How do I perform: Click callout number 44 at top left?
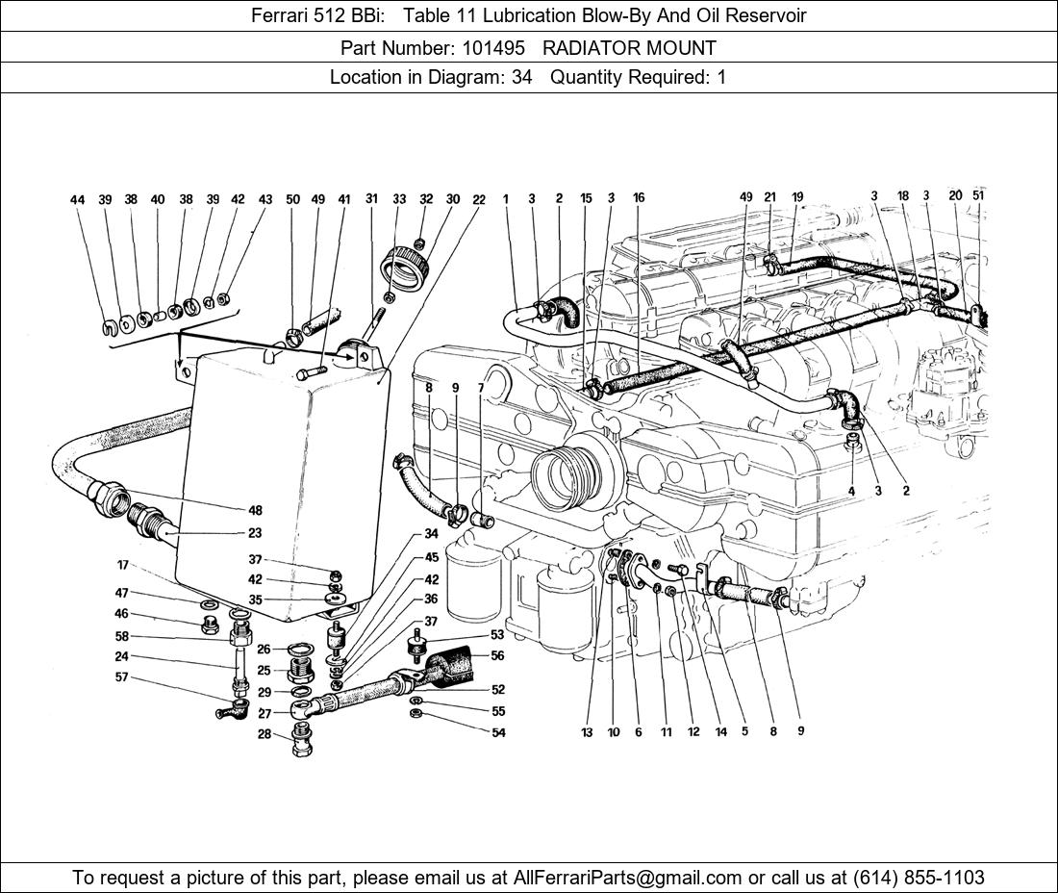point(78,200)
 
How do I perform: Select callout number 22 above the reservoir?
point(479,199)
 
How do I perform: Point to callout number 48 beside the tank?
point(255,511)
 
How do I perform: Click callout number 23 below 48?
point(255,532)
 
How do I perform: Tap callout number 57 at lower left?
point(122,677)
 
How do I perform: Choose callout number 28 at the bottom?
point(264,734)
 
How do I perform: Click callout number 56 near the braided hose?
point(497,656)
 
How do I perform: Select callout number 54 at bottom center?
point(497,732)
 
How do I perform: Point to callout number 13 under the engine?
point(587,732)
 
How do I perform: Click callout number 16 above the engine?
point(639,198)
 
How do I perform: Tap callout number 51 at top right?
point(978,195)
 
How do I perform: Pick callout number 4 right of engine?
point(851,491)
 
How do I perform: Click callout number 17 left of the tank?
point(123,565)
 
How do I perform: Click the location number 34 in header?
point(521,77)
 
